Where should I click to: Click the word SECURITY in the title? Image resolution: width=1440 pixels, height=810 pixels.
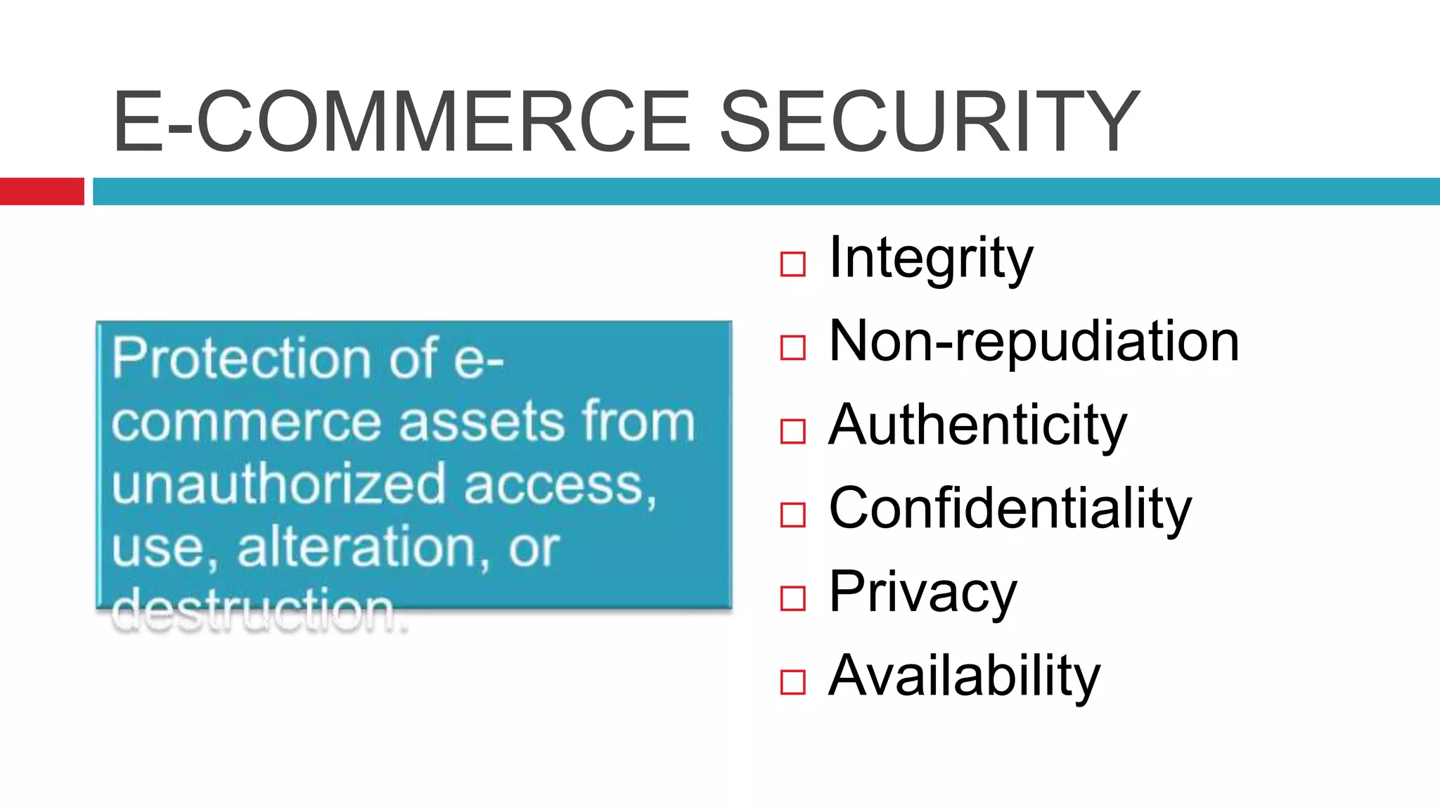coord(929,121)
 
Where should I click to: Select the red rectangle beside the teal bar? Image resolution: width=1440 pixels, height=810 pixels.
coord(41,191)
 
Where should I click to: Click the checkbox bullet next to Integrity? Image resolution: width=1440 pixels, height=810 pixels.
coord(792,264)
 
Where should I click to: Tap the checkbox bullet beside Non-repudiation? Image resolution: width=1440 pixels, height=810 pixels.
coord(792,347)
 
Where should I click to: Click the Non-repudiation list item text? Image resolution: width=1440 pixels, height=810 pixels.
coord(1034,342)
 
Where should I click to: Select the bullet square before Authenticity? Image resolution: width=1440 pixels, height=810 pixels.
coord(792,431)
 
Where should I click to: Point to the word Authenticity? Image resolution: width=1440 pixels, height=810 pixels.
coord(977,425)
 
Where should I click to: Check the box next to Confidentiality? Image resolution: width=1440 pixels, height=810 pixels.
coord(792,515)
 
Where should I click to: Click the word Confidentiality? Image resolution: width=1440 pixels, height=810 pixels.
coord(1010,508)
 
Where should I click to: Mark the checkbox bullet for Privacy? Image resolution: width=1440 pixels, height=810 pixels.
coord(792,598)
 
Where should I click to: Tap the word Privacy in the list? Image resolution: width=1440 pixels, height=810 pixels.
coord(922,593)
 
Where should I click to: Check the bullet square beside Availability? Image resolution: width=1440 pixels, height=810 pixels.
coord(792,682)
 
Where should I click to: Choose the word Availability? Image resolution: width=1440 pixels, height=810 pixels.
coord(964,676)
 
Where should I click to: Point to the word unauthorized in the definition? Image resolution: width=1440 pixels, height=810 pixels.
coord(278,484)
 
